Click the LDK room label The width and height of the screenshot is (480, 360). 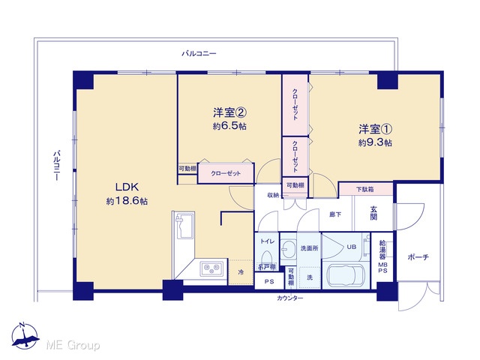[127, 187]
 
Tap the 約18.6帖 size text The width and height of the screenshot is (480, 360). [127, 201]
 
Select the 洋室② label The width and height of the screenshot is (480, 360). [230, 113]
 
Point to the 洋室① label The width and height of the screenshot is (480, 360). [376, 129]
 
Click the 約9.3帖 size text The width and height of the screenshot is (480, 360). [375, 143]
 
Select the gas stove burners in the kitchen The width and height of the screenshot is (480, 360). [211, 268]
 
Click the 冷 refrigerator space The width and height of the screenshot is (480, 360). [241, 272]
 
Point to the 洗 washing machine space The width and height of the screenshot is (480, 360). [310, 277]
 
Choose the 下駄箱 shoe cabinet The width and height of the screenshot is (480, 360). [366, 189]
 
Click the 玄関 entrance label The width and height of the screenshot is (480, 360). [373, 213]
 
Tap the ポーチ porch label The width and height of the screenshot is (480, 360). [418, 257]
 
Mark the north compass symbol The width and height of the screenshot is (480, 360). [25, 337]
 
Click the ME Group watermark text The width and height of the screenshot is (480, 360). [73, 345]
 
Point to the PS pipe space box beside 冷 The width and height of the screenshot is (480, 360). [269, 281]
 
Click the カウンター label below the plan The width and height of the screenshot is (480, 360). [289, 298]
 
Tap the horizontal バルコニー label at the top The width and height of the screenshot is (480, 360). [199, 53]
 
